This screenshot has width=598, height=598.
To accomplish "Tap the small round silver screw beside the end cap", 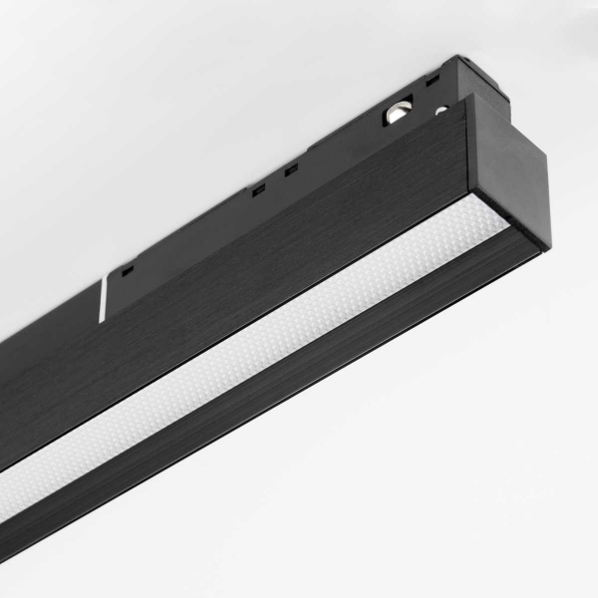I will point(440,111).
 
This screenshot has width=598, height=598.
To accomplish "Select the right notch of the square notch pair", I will point(290,170).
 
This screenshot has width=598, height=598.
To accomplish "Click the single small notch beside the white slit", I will point(127,268).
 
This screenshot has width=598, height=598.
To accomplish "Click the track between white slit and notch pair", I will point(189,234).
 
